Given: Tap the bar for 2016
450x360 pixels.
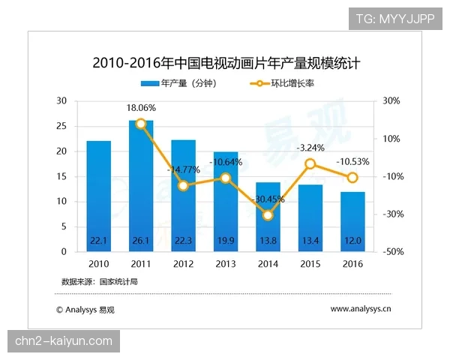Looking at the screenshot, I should coord(352,222).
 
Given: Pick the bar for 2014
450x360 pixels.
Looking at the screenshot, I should coord(268,217).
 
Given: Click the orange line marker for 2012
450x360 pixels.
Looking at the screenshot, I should coord(183,185).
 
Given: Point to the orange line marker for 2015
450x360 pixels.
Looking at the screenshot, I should coord(310,163).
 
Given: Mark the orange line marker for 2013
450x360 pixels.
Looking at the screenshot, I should coord(225,178).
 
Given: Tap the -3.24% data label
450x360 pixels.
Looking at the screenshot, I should coord(310,147).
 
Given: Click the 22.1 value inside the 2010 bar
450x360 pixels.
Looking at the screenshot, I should coord(98,240).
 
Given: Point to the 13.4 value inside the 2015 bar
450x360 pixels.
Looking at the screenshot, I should coord(310,240).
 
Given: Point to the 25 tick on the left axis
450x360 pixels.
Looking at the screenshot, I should coord(62,126).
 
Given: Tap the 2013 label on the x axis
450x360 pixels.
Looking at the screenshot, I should coord(225,264).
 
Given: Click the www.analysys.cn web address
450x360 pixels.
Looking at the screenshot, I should coord(361,308).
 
